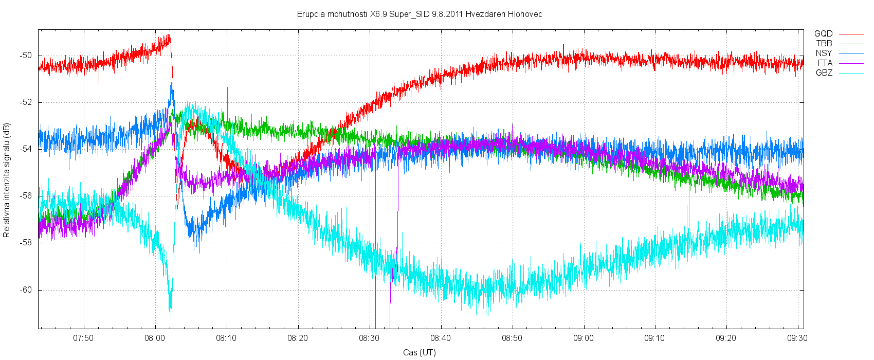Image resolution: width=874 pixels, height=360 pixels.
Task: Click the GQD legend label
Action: coord(823,34)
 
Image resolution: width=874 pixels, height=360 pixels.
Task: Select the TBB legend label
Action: coord(824,44)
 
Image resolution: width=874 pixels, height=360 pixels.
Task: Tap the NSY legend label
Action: coord(824,53)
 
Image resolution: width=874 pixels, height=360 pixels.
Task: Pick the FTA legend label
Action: coord(825,63)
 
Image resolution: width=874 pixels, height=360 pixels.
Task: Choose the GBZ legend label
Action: coord(824,73)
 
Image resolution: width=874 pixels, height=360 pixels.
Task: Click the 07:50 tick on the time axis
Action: coord(83,338)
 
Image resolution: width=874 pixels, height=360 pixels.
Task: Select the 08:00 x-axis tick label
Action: coord(155,338)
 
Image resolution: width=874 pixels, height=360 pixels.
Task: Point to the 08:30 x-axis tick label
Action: coord(369,338)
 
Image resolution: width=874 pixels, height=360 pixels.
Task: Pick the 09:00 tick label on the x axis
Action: coord(584,338)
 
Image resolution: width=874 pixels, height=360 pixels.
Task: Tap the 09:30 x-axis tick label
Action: coord(797,338)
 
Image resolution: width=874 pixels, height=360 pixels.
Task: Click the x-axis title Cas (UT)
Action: coord(420,352)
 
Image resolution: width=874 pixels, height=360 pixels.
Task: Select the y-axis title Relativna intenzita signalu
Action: coord(7,180)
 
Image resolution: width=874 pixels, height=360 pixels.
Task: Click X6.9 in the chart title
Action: coord(378,14)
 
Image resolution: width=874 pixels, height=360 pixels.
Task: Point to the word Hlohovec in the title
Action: coord(525,14)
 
